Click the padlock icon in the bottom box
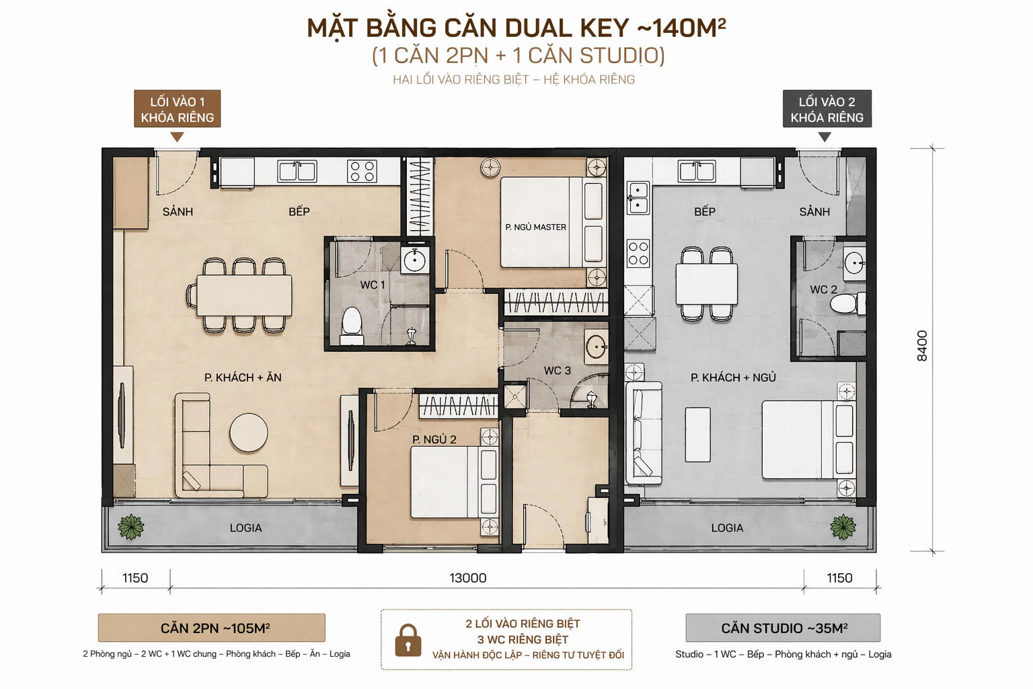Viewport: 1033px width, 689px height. pos(408,640)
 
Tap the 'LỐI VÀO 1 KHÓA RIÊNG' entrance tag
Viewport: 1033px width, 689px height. pos(178,109)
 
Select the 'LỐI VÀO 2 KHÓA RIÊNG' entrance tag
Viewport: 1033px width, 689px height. pos(827,109)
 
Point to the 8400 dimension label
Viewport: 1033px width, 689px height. pos(922,346)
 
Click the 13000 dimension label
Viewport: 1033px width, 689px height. pos(467,578)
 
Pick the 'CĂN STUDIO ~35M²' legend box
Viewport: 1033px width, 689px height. pos(783,628)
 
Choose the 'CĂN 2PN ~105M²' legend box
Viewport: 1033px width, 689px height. pos(212,628)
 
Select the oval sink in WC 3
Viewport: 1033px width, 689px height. pos(596,347)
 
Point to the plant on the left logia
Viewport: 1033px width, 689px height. pos(131,526)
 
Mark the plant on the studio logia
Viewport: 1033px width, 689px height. pos(842,526)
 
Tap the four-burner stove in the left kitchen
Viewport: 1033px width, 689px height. pos(362,171)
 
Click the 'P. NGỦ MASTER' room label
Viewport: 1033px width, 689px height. pos(535,227)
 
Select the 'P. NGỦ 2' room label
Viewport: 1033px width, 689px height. pos(434,439)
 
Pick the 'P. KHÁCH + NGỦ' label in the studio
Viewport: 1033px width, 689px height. pos(733,377)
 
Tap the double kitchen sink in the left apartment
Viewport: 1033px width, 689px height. pos(297,171)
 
